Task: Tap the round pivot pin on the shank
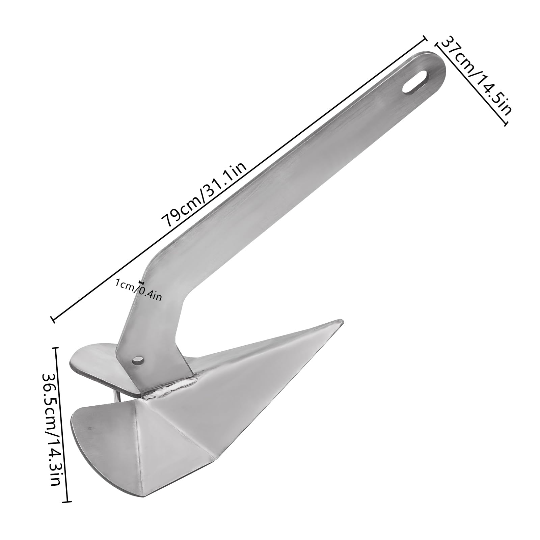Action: (138, 359)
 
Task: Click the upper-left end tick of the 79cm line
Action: (424, 38)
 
